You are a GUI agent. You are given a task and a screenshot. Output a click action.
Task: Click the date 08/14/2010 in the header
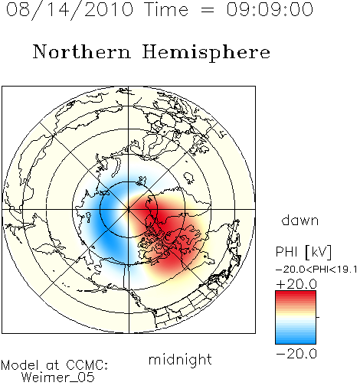(x=70, y=10)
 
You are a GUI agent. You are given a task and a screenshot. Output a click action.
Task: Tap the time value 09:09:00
(x=270, y=9)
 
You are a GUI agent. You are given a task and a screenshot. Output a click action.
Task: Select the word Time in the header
(x=166, y=9)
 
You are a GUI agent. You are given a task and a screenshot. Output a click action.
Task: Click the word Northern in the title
(x=82, y=51)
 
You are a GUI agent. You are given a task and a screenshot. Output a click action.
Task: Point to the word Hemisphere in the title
(x=206, y=53)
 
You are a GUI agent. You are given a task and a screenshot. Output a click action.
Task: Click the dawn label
(x=300, y=220)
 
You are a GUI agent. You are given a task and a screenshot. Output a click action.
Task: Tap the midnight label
(x=180, y=359)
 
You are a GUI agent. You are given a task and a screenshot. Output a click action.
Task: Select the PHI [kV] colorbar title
(x=303, y=252)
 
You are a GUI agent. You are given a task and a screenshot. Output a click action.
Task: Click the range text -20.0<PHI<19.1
(x=316, y=270)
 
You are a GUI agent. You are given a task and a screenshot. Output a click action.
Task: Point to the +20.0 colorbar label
(x=296, y=284)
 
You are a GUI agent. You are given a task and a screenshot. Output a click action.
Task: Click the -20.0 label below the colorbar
(x=296, y=354)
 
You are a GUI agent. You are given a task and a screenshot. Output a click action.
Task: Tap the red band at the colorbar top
(x=296, y=297)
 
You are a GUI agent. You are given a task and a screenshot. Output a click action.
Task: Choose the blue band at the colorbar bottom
(x=296, y=338)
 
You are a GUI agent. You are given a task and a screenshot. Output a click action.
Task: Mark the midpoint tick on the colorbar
(x=318, y=317)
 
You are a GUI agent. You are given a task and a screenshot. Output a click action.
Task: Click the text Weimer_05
(x=58, y=378)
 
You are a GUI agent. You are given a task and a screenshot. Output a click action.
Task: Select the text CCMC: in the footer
(x=87, y=365)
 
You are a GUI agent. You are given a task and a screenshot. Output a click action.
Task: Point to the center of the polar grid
(x=129, y=210)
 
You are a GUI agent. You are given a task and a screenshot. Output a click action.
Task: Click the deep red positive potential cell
(x=166, y=230)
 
